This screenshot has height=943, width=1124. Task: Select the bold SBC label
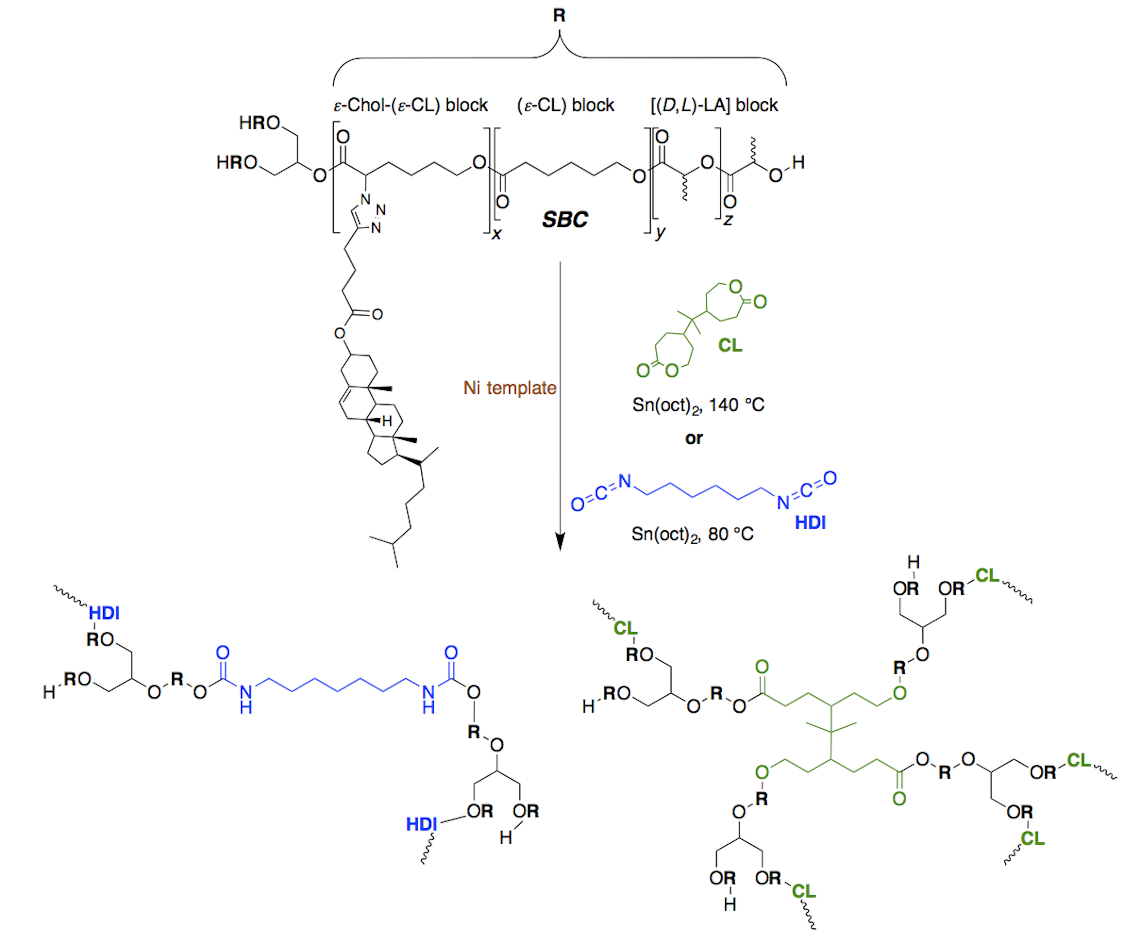point(565,219)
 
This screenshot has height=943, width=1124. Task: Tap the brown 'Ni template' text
point(510,388)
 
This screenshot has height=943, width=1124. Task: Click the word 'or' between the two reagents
point(694,439)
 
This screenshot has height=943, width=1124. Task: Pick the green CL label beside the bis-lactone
point(730,346)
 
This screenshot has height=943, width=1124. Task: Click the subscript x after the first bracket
point(497,234)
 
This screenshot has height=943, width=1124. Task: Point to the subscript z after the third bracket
point(727,220)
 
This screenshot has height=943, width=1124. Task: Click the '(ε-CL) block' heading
point(566,105)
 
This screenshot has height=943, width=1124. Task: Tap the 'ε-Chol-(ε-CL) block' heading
point(411,105)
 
